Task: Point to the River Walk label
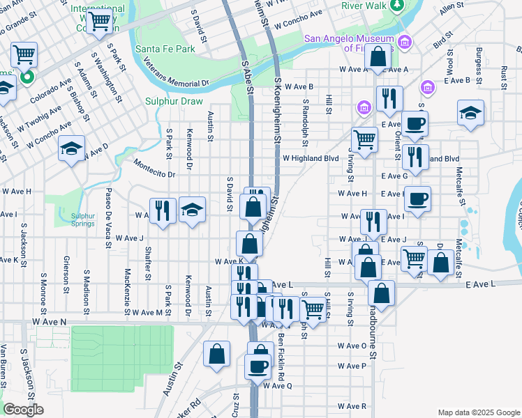tap(364, 6)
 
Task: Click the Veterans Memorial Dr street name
tap(177, 72)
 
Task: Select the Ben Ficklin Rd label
tap(281, 354)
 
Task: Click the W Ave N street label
tap(49, 322)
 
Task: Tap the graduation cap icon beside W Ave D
tap(71, 148)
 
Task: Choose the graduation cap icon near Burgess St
tap(470, 112)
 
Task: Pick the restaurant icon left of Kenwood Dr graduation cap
tap(163, 210)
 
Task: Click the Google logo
tap(24, 410)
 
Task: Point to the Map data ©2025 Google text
tap(477, 412)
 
